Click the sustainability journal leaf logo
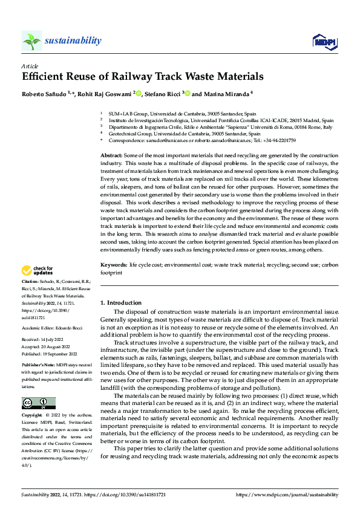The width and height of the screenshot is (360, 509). (x=31, y=41)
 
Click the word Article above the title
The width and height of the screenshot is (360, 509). (x=30, y=65)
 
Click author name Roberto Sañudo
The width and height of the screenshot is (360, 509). (x=43, y=94)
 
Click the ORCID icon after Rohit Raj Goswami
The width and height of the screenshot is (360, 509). (x=139, y=94)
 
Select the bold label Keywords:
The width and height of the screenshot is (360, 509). (x=113, y=265)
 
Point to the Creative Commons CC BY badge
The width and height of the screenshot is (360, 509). (x=38, y=403)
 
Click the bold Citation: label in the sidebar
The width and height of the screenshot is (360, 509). (x=32, y=282)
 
